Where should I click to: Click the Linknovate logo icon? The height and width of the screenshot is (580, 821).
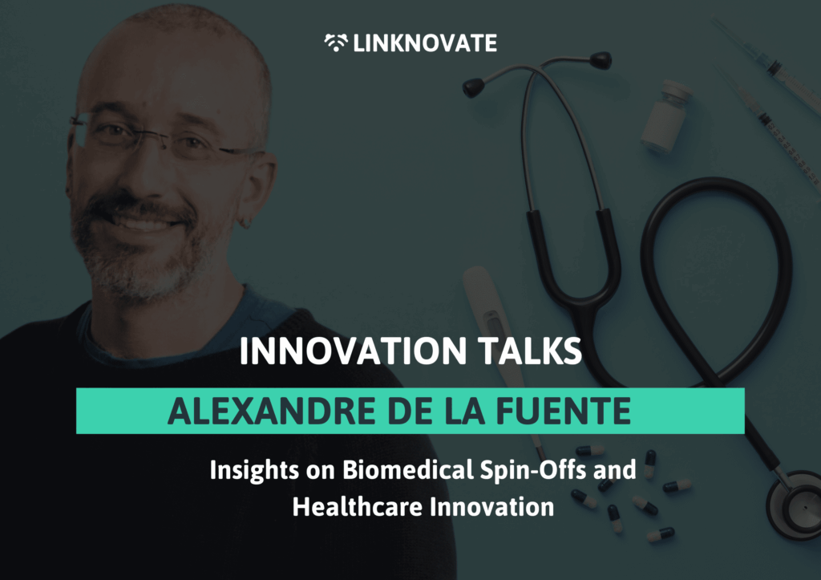(x=336, y=43)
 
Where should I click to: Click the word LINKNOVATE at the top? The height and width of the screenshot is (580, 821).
(x=425, y=43)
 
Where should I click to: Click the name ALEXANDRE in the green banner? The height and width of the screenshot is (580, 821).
(x=271, y=412)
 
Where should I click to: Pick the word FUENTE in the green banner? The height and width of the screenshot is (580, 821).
(x=563, y=412)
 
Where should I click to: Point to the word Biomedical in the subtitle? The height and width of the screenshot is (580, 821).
(x=408, y=469)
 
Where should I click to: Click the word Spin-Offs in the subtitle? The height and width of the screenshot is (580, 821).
(x=533, y=469)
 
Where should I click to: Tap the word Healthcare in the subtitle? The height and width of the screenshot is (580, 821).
(x=357, y=507)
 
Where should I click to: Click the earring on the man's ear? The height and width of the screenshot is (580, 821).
(x=245, y=223)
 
